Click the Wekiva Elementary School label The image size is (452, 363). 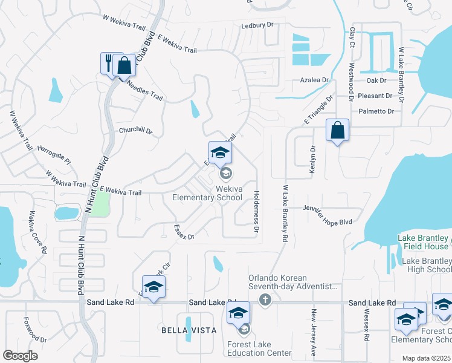207,193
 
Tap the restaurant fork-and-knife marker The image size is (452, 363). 109,62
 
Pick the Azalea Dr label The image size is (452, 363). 314,80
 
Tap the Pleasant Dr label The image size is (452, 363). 375,96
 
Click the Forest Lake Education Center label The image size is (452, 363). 260,348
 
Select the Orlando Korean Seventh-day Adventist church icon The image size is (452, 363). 264,299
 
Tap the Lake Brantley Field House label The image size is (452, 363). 422,242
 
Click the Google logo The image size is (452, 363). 20,356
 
